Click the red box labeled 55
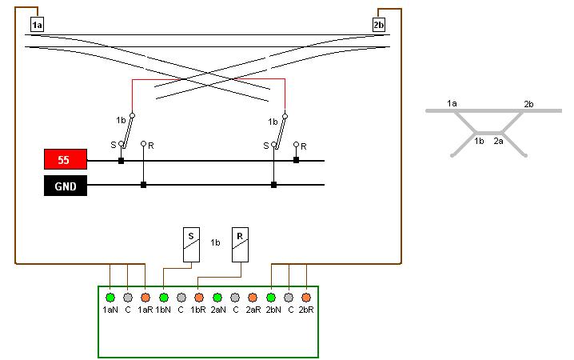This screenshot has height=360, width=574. (x=65, y=160)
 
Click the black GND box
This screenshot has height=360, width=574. (x=65, y=186)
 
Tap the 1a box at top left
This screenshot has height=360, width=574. (x=37, y=25)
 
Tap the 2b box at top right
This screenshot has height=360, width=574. (x=379, y=25)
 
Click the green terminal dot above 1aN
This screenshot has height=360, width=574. (x=110, y=298)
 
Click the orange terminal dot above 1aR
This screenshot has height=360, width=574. (x=145, y=298)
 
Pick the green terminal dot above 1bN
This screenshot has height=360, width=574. (x=163, y=298)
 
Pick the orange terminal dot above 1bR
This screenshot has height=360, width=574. (x=198, y=298)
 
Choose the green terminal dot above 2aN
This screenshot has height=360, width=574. (x=217, y=298)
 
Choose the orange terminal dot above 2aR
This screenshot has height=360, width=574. (x=252, y=298)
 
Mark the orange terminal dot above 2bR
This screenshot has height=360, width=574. (x=305, y=298)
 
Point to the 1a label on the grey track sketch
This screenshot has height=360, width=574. (x=452, y=104)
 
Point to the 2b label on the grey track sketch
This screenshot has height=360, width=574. (x=528, y=104)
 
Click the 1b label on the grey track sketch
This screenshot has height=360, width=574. (x=479, y=141)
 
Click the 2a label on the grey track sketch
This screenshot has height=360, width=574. (x=499, y=141)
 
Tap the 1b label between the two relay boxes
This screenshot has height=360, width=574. (x=215, y=242)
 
